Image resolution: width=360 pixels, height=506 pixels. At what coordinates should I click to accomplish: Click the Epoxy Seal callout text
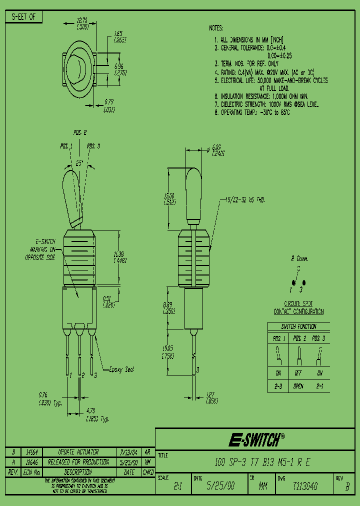[x=121, y=369]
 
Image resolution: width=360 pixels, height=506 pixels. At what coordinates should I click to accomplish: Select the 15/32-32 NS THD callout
[x=241, y=200]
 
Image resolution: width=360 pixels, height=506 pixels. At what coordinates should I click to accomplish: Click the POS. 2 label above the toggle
[x=80, y=133]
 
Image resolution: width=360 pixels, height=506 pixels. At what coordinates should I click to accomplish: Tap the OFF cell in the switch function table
[x=298, y=373]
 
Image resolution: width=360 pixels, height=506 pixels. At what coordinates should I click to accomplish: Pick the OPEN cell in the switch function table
[x=298, y=386]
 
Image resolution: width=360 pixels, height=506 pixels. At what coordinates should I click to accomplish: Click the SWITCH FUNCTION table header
[x=298, y=326]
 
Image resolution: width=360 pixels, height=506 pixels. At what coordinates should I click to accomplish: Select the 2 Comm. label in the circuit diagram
[x=300, y=259]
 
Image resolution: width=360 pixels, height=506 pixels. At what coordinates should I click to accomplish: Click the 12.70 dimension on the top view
[x=82, y=21]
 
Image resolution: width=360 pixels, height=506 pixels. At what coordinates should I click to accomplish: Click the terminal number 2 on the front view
[x=83, y=374]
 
